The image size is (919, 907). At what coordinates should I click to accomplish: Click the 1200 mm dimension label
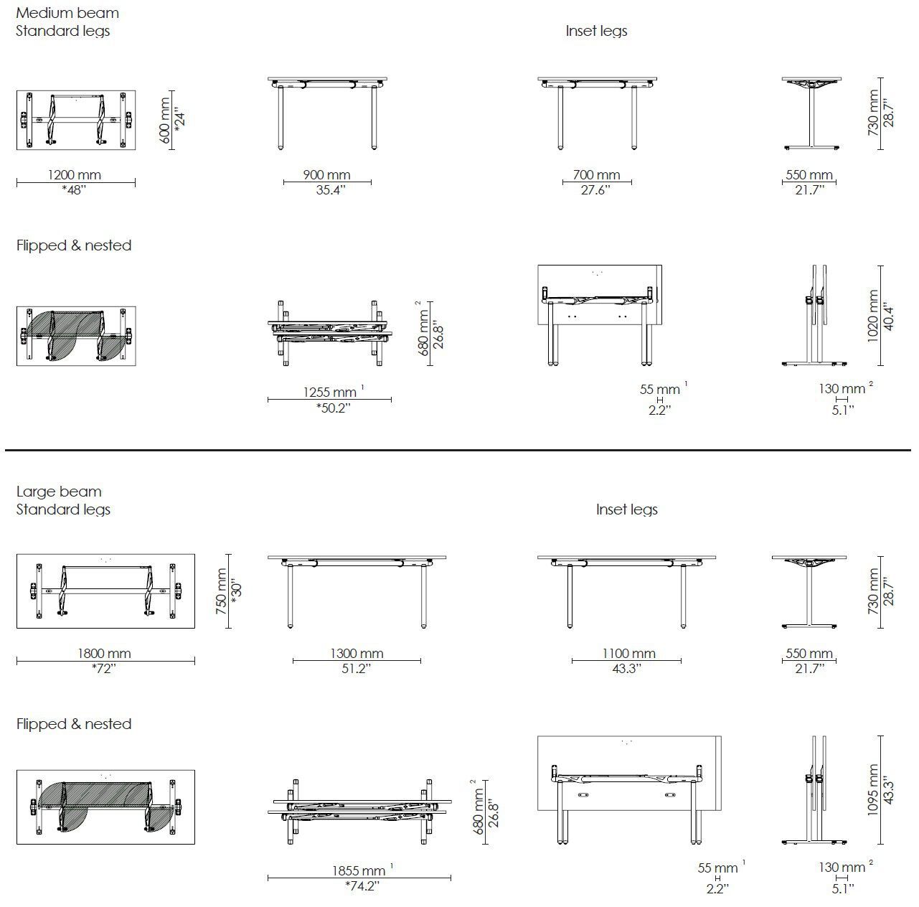(x=74, y=174)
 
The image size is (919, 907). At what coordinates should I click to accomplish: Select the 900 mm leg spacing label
(x=326, y=174)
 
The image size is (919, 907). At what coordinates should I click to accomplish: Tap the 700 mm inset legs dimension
(x=596, y=174)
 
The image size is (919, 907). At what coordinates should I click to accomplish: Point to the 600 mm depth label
(x=166, y=120)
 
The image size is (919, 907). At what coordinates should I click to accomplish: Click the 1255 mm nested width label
(x=330, y=392)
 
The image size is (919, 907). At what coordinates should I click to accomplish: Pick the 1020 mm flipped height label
(x=874, y=316)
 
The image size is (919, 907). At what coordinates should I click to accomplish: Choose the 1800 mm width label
(x=105, y=653)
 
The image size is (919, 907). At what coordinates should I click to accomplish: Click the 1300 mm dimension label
(x=357, y=653)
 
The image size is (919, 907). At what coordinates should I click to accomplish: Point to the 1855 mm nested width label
(x=359, y=870)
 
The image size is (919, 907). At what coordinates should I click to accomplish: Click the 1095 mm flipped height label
(x=874, y=789)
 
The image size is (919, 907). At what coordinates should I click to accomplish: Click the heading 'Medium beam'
(x=67, y=13)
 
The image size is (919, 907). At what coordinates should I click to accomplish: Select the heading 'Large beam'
(x=59, y=492)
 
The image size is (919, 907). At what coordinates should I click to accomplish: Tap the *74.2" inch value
(x=362, y=886)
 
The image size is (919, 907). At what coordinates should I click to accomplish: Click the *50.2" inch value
(x=333, y=408)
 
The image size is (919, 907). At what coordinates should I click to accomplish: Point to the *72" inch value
(x=104, y=669)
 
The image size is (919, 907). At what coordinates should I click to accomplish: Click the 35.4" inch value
(x=330, y=190)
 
